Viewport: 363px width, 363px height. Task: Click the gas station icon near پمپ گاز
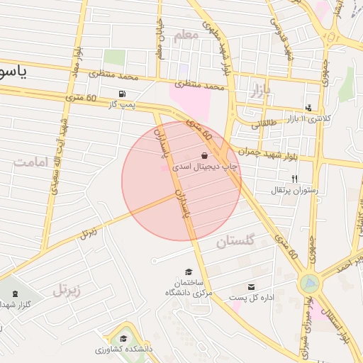tap(124, 94)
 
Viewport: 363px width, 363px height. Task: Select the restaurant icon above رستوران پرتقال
tap(294, 179)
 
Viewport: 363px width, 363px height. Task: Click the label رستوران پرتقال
tap(295, 190)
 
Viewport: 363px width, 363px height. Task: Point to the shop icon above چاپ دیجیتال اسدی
tap(205, 155)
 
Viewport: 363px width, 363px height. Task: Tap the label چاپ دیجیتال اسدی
tap(204, 167)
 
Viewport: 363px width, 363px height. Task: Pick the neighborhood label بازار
tap(261, 91)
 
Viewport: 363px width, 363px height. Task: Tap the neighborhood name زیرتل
tap(67, 289)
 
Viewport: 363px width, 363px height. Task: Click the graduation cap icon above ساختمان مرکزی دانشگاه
tap(189, 271)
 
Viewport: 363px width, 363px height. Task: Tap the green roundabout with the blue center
tap(309, 283)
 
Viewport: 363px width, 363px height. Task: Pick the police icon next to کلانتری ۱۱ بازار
tap(308, 108)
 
